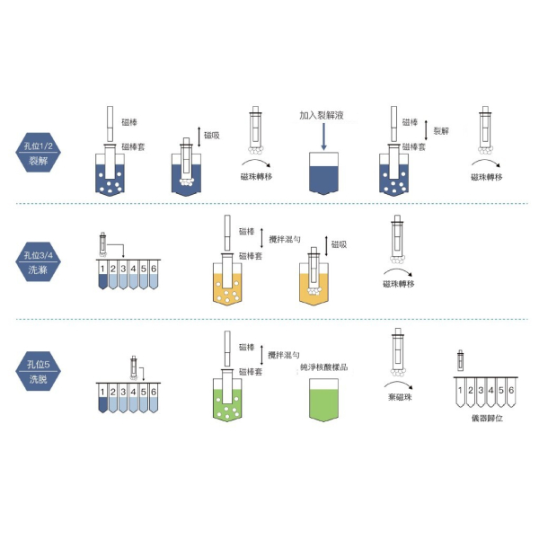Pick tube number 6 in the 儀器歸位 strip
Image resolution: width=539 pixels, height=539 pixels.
[x=512, y=393]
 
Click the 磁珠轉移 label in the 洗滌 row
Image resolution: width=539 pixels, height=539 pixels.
[x=397, y=284]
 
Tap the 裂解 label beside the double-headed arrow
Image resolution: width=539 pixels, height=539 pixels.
[x=442, y=131]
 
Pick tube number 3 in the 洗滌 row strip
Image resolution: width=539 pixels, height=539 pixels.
[x=123, y=269]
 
